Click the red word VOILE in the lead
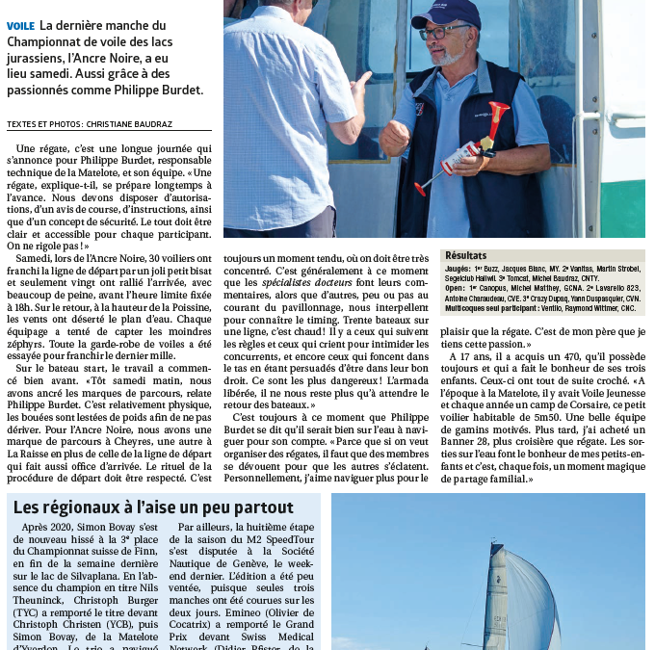pyautogui.click(x=22, y=25)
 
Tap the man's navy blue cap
pyautogui.click(x=445, y=13)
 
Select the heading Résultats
pyautogui.click(x=464, y=256)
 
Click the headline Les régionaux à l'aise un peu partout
pyautogui.click(x=153, y=507)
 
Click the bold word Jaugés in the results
pyautogui.click(x=458, y=268)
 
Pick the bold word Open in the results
pyautogui.click(x=456, y=288)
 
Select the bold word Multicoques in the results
pyautogui.click(x=468, y=308)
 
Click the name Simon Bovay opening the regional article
pyautogui.click(x=116, y=528)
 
